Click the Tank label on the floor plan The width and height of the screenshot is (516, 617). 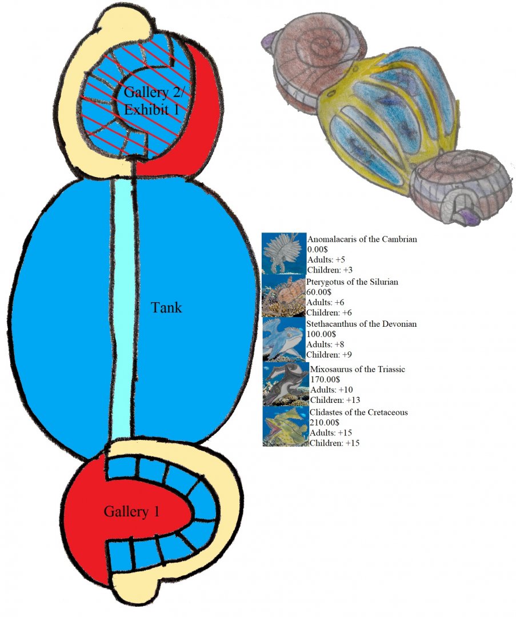pos(166,307)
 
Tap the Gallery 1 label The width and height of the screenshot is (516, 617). pos(131,512)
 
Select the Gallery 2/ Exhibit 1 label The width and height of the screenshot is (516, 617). pos(151,101)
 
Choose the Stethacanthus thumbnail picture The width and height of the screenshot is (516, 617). pos(284,339)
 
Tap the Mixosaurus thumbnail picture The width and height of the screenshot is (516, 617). pos(285,384)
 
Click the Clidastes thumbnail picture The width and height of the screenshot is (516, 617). pos(285,426)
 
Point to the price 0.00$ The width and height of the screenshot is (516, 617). pos(319,250)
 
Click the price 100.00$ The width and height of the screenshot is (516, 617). pos(323,334)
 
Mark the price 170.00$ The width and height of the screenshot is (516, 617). pos(327,379)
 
